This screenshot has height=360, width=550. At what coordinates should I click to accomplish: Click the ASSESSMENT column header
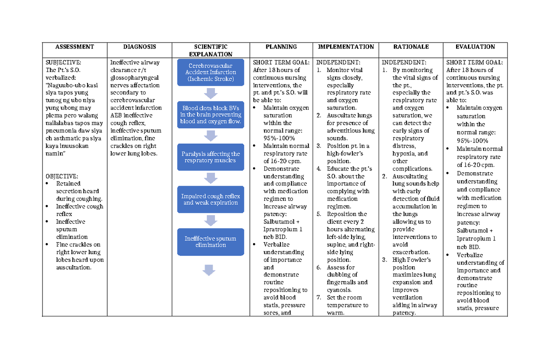74,47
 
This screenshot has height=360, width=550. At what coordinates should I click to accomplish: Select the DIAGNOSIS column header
139,47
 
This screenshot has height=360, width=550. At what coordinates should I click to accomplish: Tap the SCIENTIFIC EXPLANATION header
210,50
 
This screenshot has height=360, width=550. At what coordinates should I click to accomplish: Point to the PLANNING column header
281,47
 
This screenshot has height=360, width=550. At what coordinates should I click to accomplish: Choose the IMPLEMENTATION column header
346,47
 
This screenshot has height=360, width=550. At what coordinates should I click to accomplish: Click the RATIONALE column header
411,47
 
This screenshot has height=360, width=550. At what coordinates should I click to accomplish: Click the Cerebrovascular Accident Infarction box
210,72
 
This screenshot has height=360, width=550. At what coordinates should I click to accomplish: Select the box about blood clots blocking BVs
210,115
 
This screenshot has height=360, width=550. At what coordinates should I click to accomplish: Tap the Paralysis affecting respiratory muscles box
210,157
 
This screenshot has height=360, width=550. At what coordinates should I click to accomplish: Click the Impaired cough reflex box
210,199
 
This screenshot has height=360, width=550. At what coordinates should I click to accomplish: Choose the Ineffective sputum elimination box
210,242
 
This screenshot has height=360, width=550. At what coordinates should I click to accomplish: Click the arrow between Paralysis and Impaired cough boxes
210,178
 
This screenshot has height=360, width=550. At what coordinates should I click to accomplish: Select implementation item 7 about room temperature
347,305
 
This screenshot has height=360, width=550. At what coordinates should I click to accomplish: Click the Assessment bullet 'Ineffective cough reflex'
79,210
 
